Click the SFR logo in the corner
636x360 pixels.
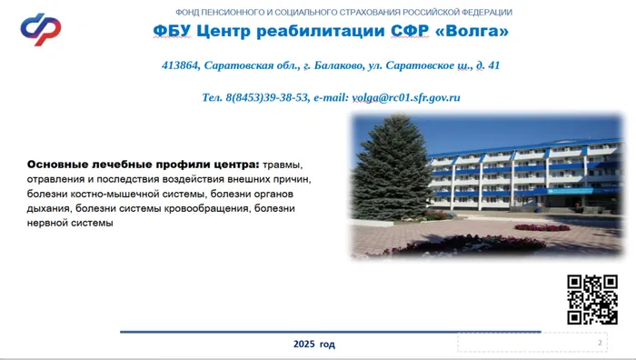coord(41,30)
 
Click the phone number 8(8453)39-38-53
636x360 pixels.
coord(264,96)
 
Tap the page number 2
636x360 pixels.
coord(601,342)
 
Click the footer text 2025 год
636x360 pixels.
coord(314,345)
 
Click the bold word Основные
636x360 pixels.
coord(59,165)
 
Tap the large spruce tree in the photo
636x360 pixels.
coord(388,182)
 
